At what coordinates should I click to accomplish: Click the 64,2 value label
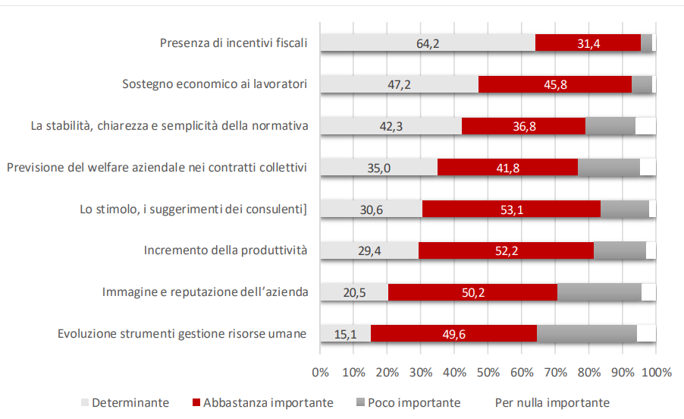click(x=428, y=43)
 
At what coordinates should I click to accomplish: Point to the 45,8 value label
click(x=556, y=85)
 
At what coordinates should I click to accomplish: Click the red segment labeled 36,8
click(x=524, y=126)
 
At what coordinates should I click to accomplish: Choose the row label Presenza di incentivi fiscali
click(x=233, y=43)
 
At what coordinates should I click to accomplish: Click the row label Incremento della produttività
click(x=225, y=250)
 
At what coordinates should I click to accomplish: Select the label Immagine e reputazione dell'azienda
click(x=205, y=291)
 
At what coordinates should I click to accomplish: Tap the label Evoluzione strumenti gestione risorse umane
click(x=182, y=333)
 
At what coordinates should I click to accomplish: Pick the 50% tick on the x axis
click(x=488, y=372)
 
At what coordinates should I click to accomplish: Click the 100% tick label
click(x=656, y=372)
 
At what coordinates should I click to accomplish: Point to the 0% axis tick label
click(x=320, y=372)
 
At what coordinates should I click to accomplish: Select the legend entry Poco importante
click(x=413, y=402)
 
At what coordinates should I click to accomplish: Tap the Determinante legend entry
click(x=130, y=402)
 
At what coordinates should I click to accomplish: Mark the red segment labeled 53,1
click(x=511, y=209)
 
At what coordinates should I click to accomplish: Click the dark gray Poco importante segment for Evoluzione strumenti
click(x=586, y=333)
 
